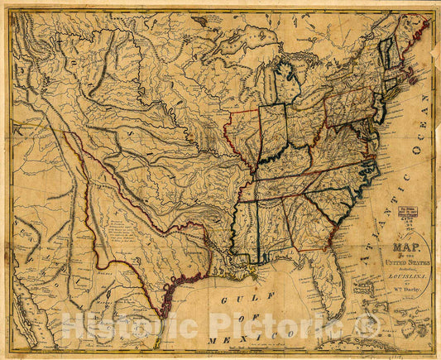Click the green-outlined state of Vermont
click(x=386, y=54)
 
